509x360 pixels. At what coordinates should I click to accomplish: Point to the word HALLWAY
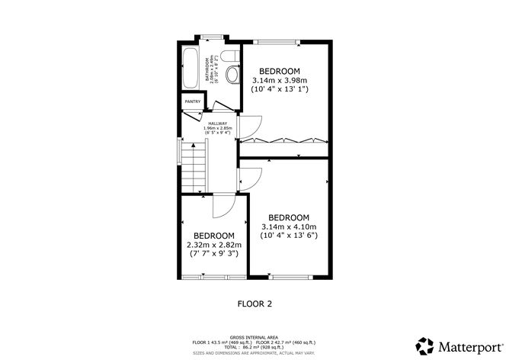[217, 122]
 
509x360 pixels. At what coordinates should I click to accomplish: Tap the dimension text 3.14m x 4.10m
[288, 227]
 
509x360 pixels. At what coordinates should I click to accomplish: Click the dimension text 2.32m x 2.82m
[213, 245]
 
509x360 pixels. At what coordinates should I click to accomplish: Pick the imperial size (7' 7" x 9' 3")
[213, 253]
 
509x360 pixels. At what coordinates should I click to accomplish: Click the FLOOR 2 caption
[254, 304]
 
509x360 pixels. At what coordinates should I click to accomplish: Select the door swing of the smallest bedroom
[224, 206]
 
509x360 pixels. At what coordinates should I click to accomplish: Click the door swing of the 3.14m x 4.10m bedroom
[250, 177]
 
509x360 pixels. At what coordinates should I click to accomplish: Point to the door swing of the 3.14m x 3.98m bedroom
[250, 128]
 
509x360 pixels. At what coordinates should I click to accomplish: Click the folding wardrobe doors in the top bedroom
[283, 140]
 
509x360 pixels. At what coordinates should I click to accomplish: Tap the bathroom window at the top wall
[210, 36]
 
